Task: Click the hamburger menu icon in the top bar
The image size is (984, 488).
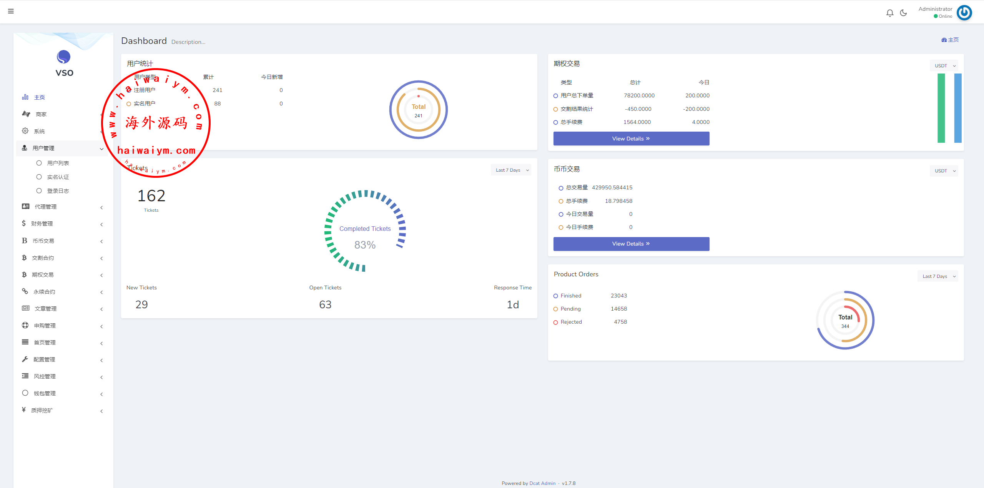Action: tap(11, 11)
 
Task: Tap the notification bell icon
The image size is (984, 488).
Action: tap(889, 13)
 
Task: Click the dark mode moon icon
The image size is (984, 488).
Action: tap(903, 13)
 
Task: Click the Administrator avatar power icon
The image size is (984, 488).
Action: tap(964, 13)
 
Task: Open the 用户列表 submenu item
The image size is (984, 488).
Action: tap(58, 163)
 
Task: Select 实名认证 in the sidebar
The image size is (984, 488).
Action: tap(58, 177)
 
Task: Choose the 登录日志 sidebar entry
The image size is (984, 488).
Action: tap(58, 191)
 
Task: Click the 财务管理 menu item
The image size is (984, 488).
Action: tap(42, 224)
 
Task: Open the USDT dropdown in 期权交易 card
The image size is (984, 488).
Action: tap(944, 66)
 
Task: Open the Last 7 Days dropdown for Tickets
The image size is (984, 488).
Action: tap(511, 170)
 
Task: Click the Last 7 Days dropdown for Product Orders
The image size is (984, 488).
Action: tap(937, 276)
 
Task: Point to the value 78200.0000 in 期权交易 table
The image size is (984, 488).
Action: tap(639, 95)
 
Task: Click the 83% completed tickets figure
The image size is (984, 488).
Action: tap(365, 245)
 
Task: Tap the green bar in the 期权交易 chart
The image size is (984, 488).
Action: tap(941, 108)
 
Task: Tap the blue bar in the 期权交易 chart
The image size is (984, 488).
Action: tap(958, 108)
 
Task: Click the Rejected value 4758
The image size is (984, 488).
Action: tap(620, 322)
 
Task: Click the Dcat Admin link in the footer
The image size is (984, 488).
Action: tap(542, 483)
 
